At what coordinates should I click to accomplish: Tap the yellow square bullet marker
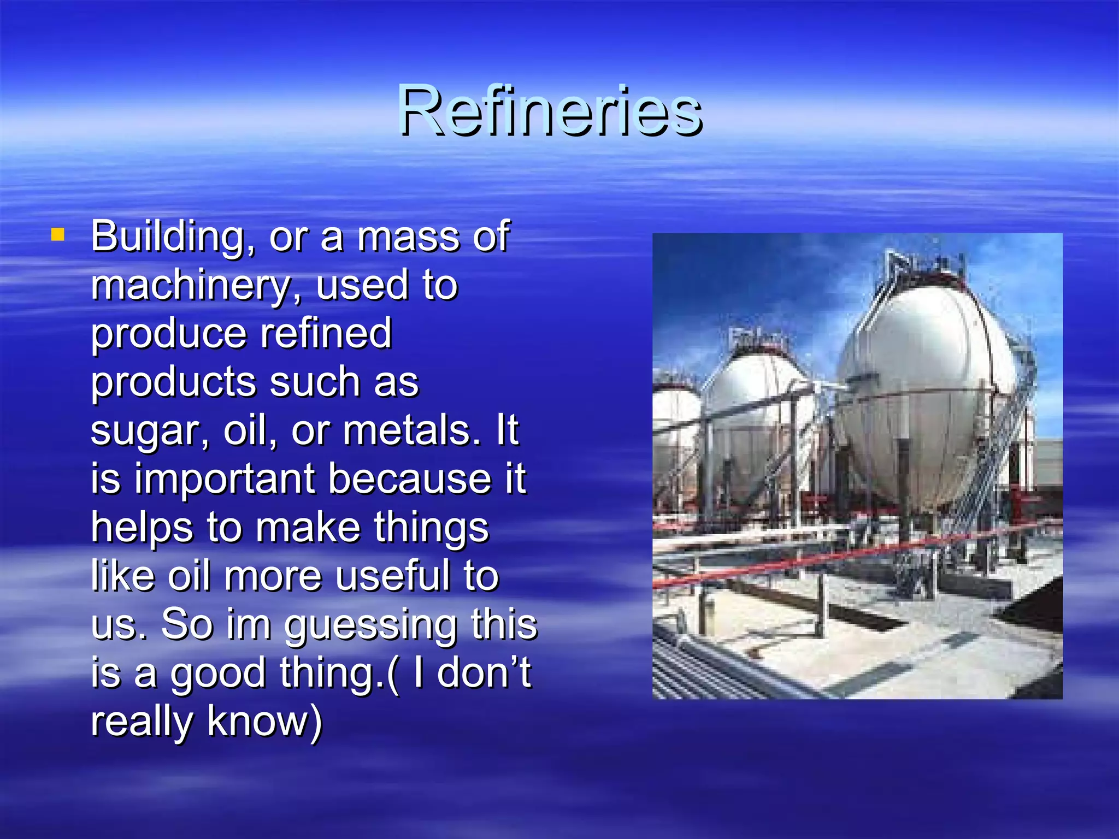57,235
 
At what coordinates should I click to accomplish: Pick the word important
225,479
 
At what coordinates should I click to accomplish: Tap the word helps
142,528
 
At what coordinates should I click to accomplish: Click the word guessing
371,626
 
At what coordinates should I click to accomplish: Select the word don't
484,673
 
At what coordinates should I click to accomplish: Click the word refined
326,333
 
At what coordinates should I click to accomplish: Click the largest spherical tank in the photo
929,393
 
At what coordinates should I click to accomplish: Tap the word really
142,722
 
